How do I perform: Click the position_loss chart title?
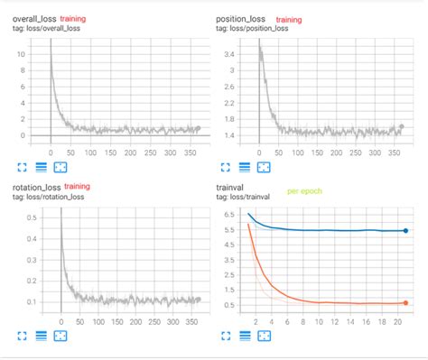[x=242, y=18]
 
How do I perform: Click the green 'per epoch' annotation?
[x=304, y=191]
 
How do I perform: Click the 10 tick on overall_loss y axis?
[x=21, y=54]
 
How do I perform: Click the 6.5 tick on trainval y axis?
[x=228, y=214]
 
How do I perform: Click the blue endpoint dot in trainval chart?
[x=405, y=231]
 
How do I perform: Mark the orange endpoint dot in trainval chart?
[x=405, y=303]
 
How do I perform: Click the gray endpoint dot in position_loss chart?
[x=402, y=127]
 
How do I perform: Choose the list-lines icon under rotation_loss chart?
[x=42, y=337]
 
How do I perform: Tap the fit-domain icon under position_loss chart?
[x=264, y=167]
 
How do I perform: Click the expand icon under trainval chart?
[x=226, y=337]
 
